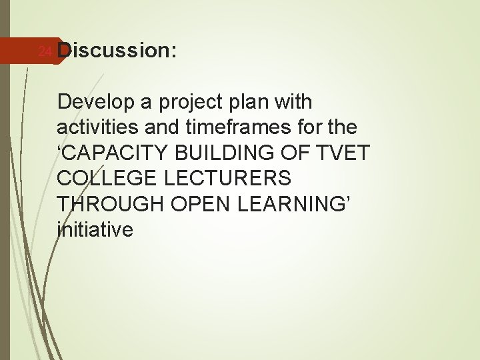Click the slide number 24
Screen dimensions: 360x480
[44, 51]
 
